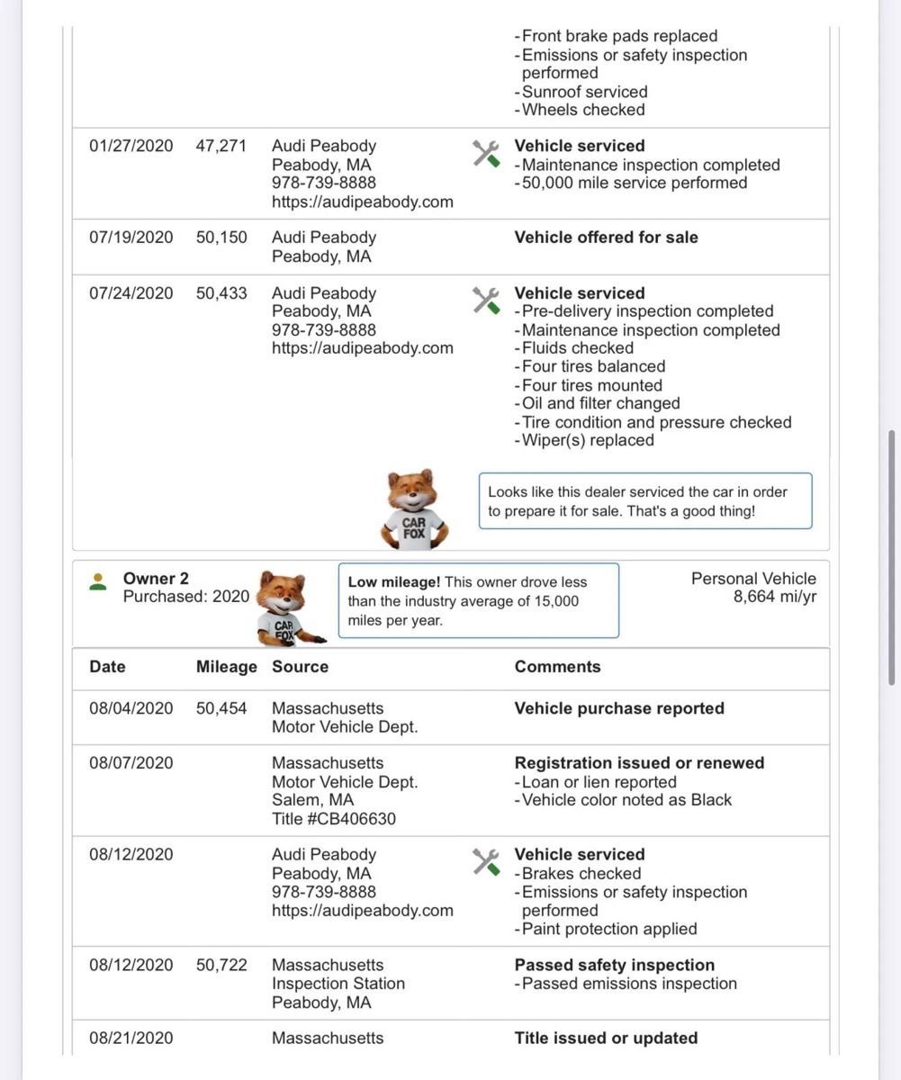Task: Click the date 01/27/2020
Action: [131, 146]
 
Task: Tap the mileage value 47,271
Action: [221, 146]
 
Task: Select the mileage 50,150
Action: [221, 238]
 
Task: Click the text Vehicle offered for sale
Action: [606, 238]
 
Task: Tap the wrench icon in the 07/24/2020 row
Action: [486, 301]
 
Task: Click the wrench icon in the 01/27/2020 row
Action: [486, 153]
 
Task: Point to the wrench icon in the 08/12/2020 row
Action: [486, 862]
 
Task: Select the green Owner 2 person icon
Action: [98, 582]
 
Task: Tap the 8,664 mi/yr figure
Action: [774, 597]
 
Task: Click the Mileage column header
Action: [227, 667]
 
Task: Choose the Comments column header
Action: [557, 667]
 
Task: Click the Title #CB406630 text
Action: [334, 819]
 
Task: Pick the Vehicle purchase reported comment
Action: [619, 708]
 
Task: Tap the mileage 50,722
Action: [221, 965]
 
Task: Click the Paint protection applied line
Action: [609, 929]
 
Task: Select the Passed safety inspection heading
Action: [615, 965]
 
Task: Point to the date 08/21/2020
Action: [131, 1038]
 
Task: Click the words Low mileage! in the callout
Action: [394, 582]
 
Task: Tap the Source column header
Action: [300, 667]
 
